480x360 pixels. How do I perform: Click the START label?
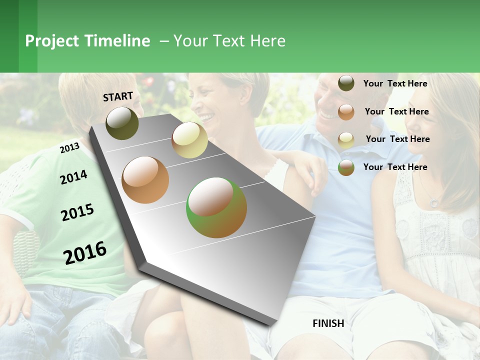click(118, 96)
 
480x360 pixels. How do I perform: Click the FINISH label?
click(328, 323)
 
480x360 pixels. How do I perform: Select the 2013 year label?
click(69, 147)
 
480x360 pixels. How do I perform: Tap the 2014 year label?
click(73, 177)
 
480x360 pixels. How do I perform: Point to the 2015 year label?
click(77, 212)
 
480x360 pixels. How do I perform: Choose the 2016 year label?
click(85, 252)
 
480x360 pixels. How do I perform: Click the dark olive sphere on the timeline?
click(122, 123)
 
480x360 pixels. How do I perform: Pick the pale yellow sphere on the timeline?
click(189, 140)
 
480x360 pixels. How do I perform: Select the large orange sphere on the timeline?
click(145, 180)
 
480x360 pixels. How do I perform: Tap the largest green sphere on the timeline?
click(216, 207)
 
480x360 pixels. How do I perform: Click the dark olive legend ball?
click(346, 83)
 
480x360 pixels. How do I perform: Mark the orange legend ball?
click(346, 112)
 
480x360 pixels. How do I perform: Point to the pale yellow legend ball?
click(346, 140)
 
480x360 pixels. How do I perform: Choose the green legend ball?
click(346, 167)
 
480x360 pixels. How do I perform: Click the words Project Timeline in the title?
click(87, 41)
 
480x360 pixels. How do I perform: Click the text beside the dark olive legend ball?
click(395, 83)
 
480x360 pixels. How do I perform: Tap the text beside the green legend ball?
click(395, 167)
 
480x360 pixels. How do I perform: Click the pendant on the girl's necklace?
click(434, 203)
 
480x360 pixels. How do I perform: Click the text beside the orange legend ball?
click(396, 111)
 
